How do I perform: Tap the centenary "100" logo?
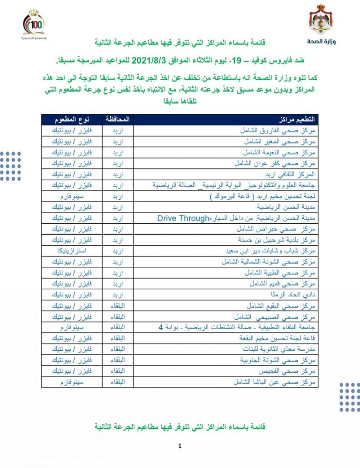coord(37,24)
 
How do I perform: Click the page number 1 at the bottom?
coord(180,446)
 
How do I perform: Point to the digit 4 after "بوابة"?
coord(160,328)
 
